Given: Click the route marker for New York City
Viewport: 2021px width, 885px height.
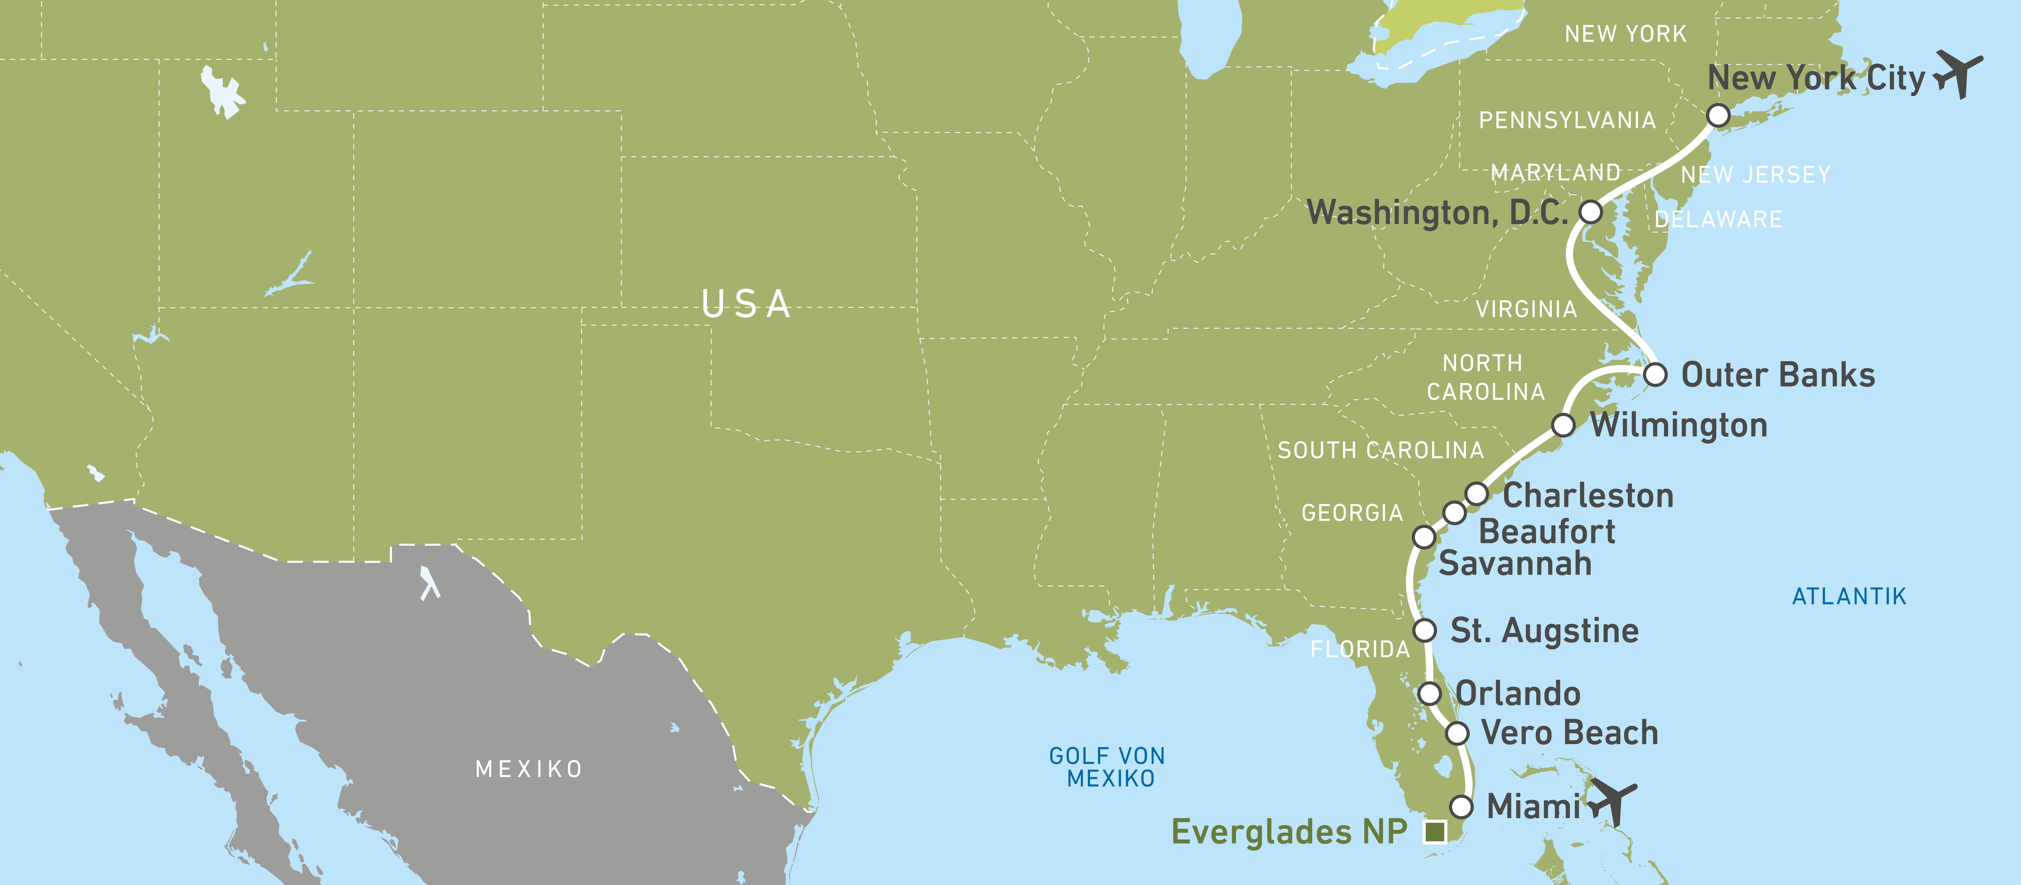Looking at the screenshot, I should [1718, 115].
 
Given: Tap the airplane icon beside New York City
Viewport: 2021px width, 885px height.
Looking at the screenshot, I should [1958, 74].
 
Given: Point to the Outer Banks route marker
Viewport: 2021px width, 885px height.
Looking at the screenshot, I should [1656, 374].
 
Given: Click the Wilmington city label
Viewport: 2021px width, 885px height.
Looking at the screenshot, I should [1679, 425].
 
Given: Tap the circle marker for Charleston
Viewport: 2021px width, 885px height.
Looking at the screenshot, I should [1477, 494].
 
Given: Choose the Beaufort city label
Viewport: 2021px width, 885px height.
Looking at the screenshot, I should [1546, 532].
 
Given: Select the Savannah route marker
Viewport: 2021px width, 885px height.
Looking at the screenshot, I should [1424, 537].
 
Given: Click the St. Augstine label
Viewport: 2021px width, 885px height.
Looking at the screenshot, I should [1544, 631].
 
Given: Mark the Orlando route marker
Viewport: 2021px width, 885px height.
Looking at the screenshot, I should [1430, 694].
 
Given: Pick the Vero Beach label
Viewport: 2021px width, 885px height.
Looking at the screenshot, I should [1569, 733].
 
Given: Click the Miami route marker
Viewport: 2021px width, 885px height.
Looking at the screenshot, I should [1461, 807].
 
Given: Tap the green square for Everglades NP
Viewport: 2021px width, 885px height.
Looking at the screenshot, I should [1435, 832].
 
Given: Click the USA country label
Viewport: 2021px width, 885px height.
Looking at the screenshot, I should [746, 304].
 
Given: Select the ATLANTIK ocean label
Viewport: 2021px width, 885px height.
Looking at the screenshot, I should [1849, 596].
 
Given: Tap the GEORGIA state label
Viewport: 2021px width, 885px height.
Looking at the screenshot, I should [1352, 513].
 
